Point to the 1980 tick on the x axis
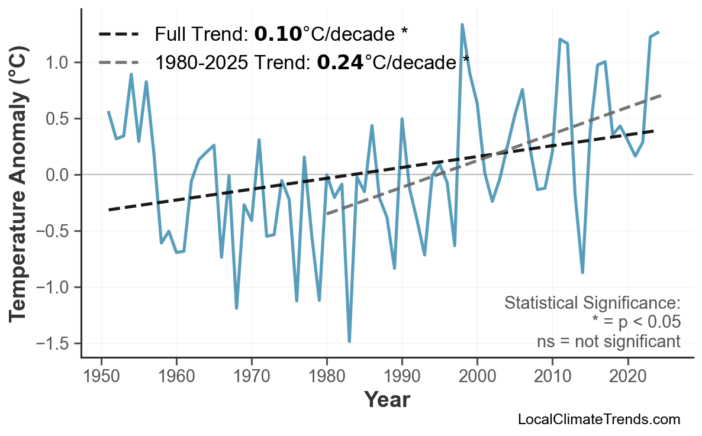tap(327, 377)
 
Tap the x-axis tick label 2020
tap(627, 377)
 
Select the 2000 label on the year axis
tap(477, 377)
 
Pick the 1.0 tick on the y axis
tap(60, 63)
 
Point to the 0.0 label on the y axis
tap(60, 175)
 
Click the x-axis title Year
tap(387, 400)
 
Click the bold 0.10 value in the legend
tap(278, 34)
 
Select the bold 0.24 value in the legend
tap(340, 62)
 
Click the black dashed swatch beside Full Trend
tap(119, 34)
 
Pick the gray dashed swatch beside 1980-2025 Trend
tap(119, 62)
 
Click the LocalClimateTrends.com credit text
tap(598, 419)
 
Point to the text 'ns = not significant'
tap(608, 341)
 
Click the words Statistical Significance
tap(592, 303)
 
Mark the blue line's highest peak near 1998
tap(462, 25)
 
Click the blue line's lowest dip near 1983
tap(349, 341)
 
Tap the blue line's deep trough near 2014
tap(582, 273)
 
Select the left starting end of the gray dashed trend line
tap(327, 214)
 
